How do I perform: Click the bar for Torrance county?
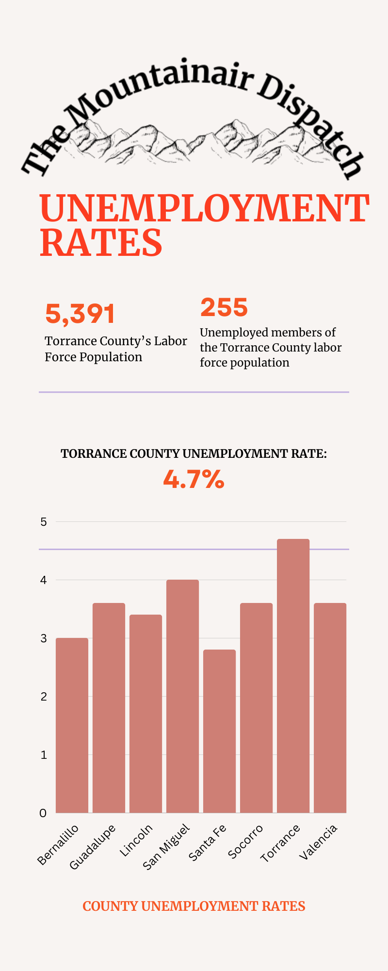pos(293,675)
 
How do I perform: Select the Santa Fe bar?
pos(219,731)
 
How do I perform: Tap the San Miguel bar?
pos(182,696)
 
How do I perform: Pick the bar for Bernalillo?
pos(72,725)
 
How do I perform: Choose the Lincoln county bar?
pos(145,713)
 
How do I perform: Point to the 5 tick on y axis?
pos(44,522)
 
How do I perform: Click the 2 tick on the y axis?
pos(44,697)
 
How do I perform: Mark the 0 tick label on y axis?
pos(44,813)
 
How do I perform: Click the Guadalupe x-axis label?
pos(93,846)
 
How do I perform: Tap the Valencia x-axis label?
pos(319,842)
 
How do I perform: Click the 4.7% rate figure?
pos(194,480)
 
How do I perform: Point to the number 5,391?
pos(80,314)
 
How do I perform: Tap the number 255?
pos(224,307)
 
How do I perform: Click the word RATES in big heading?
pos(101,243)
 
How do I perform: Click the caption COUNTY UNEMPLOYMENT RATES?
pos(194,906)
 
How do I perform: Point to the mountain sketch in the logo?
pos(194,141)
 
